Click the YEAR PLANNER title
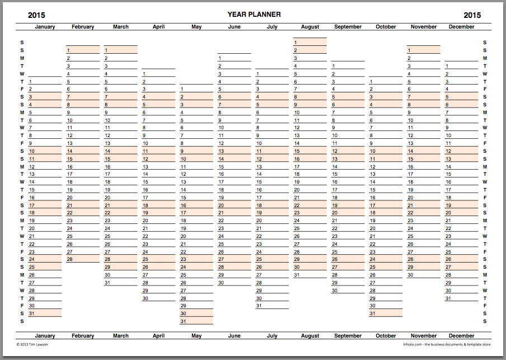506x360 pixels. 254,15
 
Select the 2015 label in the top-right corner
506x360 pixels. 472,15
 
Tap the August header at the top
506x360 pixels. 310,27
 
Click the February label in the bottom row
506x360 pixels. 83,336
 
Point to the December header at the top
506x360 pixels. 462,27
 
